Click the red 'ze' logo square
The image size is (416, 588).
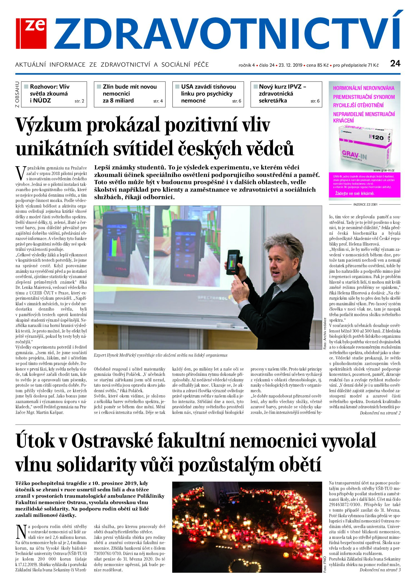coord(31,33)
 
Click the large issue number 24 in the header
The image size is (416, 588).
coord(395,64)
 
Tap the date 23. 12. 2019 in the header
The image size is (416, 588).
coord(290,65)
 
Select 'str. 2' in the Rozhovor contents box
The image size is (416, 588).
coord(79,101)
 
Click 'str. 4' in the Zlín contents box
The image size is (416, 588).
coord(158,101)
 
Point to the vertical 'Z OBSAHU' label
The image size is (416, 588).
coord(18,94)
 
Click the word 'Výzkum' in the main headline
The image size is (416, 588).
coord(49,126)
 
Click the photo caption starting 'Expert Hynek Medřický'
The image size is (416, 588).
coord(160,355)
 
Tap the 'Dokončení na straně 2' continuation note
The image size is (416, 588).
coord(380,413)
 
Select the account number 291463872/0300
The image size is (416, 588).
coord(345,505)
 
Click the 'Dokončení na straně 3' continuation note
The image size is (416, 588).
coord(380,570)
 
